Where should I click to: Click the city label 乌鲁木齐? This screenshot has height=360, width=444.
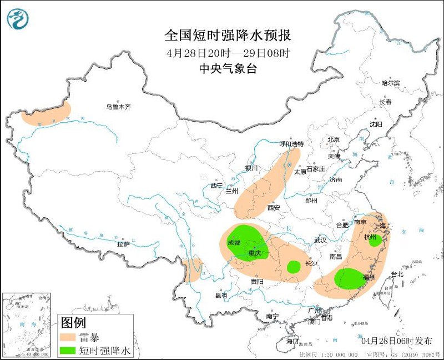(118, 107)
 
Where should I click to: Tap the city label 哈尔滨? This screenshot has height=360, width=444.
(390, 83)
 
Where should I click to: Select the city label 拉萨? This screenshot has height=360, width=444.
(123, 243)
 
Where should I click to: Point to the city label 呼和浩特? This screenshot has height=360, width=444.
(291, 144)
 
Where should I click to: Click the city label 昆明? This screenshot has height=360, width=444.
(221, 295)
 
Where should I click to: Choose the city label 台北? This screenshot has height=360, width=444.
(398, 274)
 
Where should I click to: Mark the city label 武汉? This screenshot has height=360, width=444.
(320, 240)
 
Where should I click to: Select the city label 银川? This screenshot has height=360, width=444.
(251, 168)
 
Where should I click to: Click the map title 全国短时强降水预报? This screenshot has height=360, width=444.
(228, 36)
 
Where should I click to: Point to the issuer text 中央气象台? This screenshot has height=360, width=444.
(228, 68)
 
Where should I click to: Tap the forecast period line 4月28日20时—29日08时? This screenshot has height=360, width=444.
(228, 53)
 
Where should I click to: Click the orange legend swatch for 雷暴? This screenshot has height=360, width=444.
(68, 337)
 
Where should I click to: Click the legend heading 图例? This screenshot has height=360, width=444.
(73, 322)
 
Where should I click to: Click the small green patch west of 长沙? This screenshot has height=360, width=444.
(293, 267)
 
